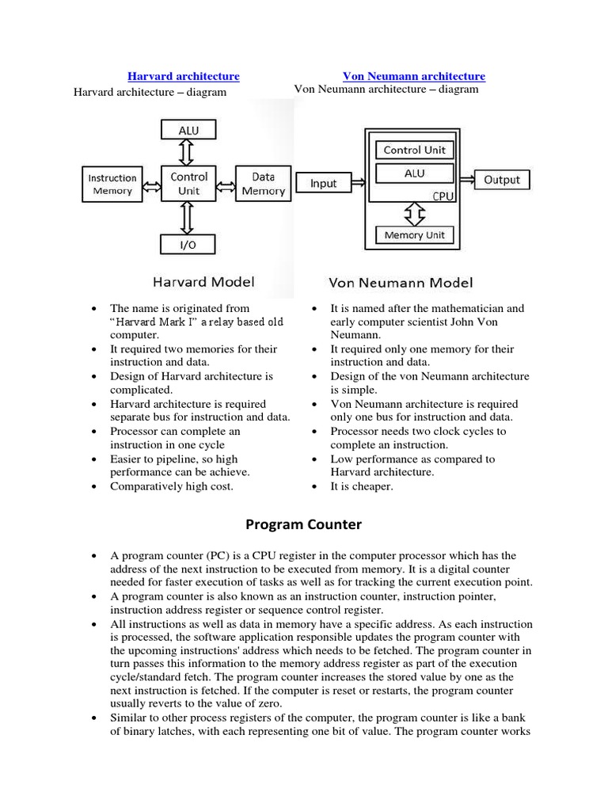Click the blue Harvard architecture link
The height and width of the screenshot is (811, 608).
[184, 76]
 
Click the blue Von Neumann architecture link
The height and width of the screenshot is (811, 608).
[413, 76]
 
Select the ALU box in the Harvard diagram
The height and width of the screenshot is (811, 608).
[189, 130]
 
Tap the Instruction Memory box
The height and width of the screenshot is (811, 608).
[112, 185]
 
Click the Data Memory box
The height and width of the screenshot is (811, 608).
[263, 184]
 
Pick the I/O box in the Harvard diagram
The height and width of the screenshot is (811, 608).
[189, 245]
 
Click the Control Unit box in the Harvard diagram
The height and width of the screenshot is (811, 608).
[189, 184]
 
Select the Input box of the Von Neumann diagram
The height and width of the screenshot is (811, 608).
[323, 183]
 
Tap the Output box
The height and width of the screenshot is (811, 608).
[501, 180]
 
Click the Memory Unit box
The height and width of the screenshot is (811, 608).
[414, 235]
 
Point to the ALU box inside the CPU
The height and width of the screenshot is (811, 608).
[414, 173]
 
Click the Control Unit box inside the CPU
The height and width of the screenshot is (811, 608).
[414, 150]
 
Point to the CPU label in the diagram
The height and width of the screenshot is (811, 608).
[443, 196]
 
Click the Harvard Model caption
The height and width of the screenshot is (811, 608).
[204, 281]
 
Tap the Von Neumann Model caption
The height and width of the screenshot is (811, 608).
[401, 283]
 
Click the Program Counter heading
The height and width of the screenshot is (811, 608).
[303, 524]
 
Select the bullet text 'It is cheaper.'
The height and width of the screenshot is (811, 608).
[361, 486]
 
